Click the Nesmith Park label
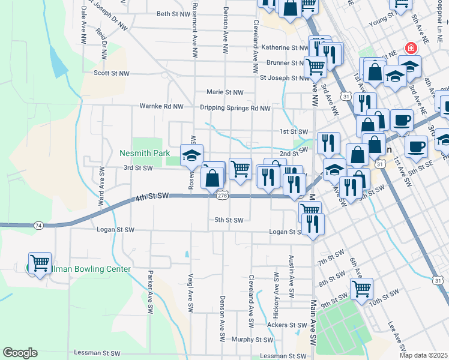(x=145, y=154)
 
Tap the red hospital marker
(x=411, y=48)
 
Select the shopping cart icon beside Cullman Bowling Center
(x=40, y=263)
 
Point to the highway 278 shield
(x=222, y=196)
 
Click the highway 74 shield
(x=38, y=225)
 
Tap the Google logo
(x=20, y=353)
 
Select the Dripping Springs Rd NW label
(x=235, y=108)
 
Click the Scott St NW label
(x=111, y=73)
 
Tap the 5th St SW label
(x=229, y=220)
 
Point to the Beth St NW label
(x=172, y=14)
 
